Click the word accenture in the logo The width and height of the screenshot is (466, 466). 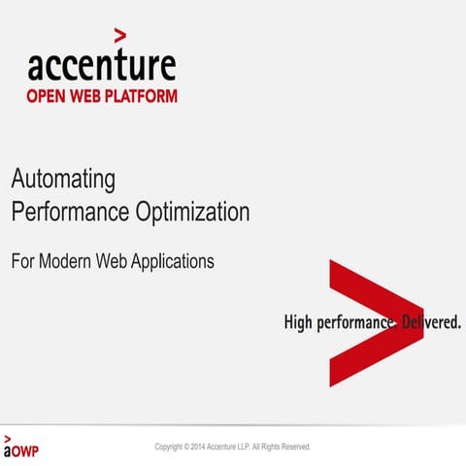102,65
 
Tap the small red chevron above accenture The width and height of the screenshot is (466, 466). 119,37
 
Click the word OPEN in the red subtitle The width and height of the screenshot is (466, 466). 50,96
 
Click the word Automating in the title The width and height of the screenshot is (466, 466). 63,180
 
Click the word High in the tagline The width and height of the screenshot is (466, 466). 299,322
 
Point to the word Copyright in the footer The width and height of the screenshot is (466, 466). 170,447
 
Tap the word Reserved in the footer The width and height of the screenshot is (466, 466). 292,447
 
